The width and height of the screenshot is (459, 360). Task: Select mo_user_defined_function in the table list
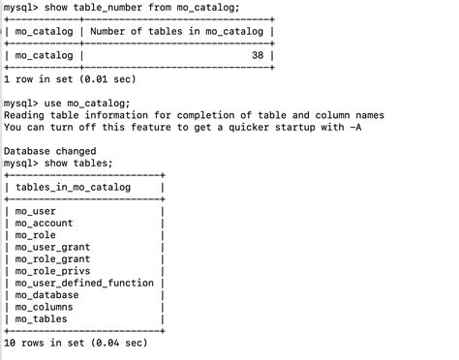point(84,283)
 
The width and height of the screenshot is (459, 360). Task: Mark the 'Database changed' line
point(49,151)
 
